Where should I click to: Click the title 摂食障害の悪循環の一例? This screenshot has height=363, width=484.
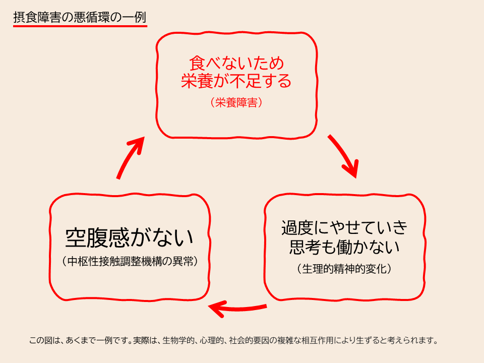80,17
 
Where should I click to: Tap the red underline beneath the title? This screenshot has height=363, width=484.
80,26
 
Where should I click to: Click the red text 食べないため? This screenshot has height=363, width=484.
236,64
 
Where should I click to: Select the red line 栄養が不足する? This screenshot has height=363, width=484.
236,81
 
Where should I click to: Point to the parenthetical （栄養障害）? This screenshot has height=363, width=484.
236,102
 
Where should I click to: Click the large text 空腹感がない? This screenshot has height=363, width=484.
130,238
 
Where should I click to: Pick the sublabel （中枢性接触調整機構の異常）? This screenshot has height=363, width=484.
130,262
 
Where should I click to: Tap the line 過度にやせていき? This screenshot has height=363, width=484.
344,228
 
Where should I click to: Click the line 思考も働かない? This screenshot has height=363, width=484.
344,247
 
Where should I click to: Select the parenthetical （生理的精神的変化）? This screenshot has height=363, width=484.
344,269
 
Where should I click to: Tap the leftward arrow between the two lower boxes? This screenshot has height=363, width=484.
237,309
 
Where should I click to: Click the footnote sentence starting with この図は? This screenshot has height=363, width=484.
233,340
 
